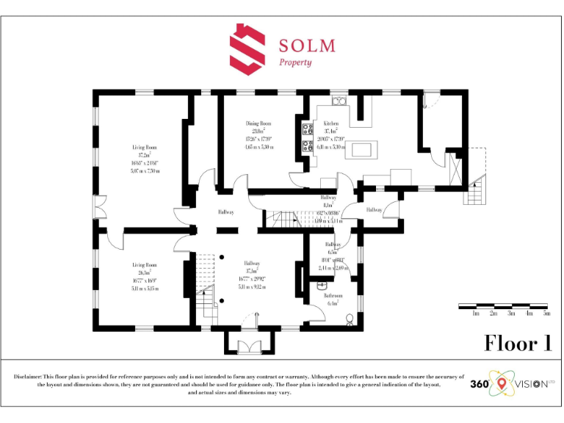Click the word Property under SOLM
[x=295, y=62]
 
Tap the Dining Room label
[x=258, y=123]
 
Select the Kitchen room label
[x=331, y=123]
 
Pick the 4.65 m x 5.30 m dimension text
[x=258, y=147]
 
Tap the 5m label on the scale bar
[x=546, y=314]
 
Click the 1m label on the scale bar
[x=476, y=314]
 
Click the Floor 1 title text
[x=517, y=344]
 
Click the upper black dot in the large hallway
[x=221, y=257]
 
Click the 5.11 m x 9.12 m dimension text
[x=252, y=287]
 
